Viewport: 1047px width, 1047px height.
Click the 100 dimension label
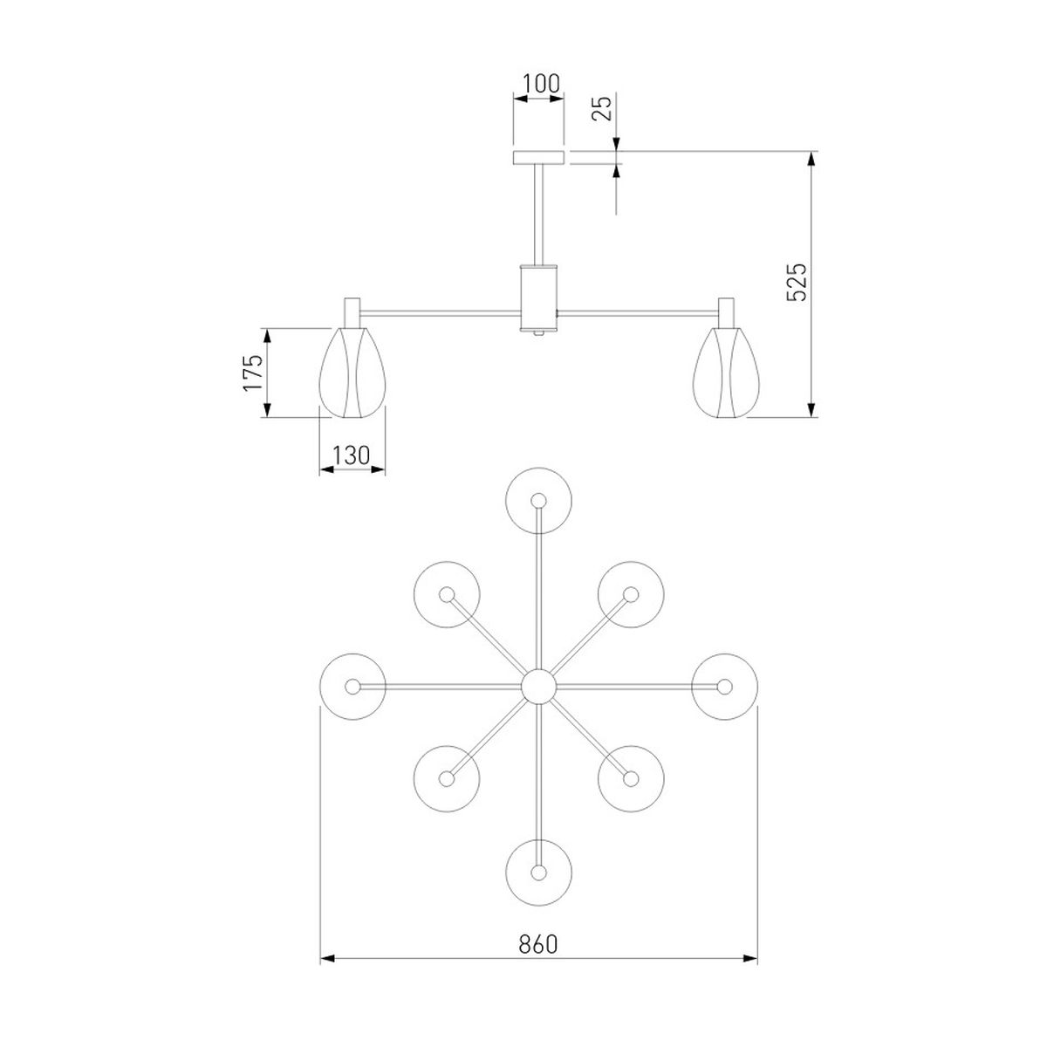(540, 85)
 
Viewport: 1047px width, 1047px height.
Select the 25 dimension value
(601, 107)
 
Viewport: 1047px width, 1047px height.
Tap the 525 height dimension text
(797, 282)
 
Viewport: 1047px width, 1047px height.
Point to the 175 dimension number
(253, 373)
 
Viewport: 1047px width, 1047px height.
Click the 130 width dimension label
(351, 455)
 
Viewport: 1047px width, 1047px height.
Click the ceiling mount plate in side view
(539, 157)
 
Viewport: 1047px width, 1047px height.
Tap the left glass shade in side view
(352, 373)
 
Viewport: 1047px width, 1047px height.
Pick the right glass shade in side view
(726, 373)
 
